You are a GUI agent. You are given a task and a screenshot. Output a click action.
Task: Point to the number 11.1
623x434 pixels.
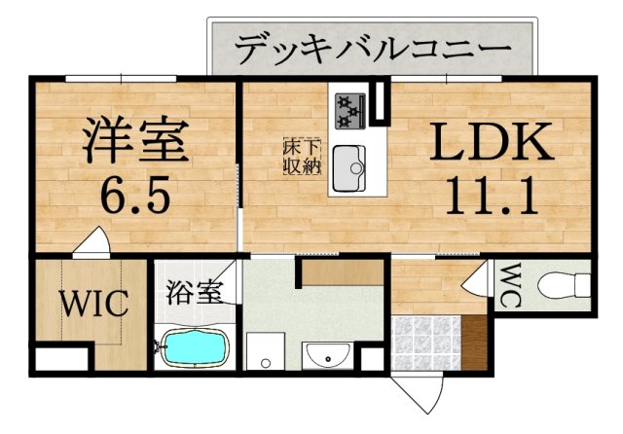point(493,197)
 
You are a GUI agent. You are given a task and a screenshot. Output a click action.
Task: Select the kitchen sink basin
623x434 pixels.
point(348,168)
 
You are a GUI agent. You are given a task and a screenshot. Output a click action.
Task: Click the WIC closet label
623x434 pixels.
point(95,304)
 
